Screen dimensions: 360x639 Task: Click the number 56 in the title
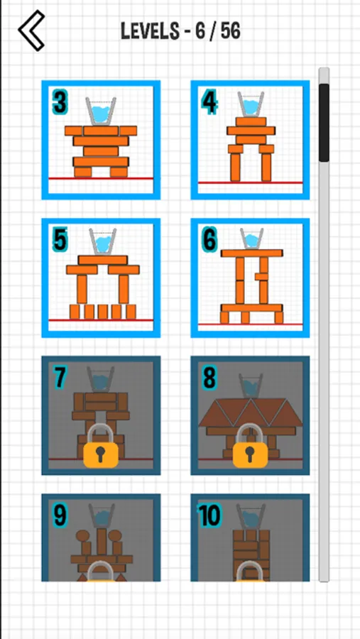point(230,31)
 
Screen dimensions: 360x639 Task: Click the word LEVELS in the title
point(150,31)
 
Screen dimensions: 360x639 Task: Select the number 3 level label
point(60,103)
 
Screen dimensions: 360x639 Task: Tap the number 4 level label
point(209,103)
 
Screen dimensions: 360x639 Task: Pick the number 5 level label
point(60,241)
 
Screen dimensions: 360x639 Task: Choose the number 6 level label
point(209,241)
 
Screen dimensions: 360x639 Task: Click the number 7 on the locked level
point(60,378)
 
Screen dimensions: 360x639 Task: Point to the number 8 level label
point(209,378)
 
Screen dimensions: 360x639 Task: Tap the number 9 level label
point(60,516)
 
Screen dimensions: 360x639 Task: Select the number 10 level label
point(209,516)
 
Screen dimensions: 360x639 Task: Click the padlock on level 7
point(101,447)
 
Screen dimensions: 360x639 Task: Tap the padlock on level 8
point(251,447)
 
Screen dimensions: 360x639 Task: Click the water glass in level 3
point(101,111)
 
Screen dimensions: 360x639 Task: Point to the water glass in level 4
point(251,105)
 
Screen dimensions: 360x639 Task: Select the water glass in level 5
point(103,242)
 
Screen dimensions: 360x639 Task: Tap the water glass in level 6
point(252,239)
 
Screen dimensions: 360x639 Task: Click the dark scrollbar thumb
point(324,123)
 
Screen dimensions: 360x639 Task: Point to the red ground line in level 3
point(101,178)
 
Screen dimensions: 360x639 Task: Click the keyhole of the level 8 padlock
point(251,453)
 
